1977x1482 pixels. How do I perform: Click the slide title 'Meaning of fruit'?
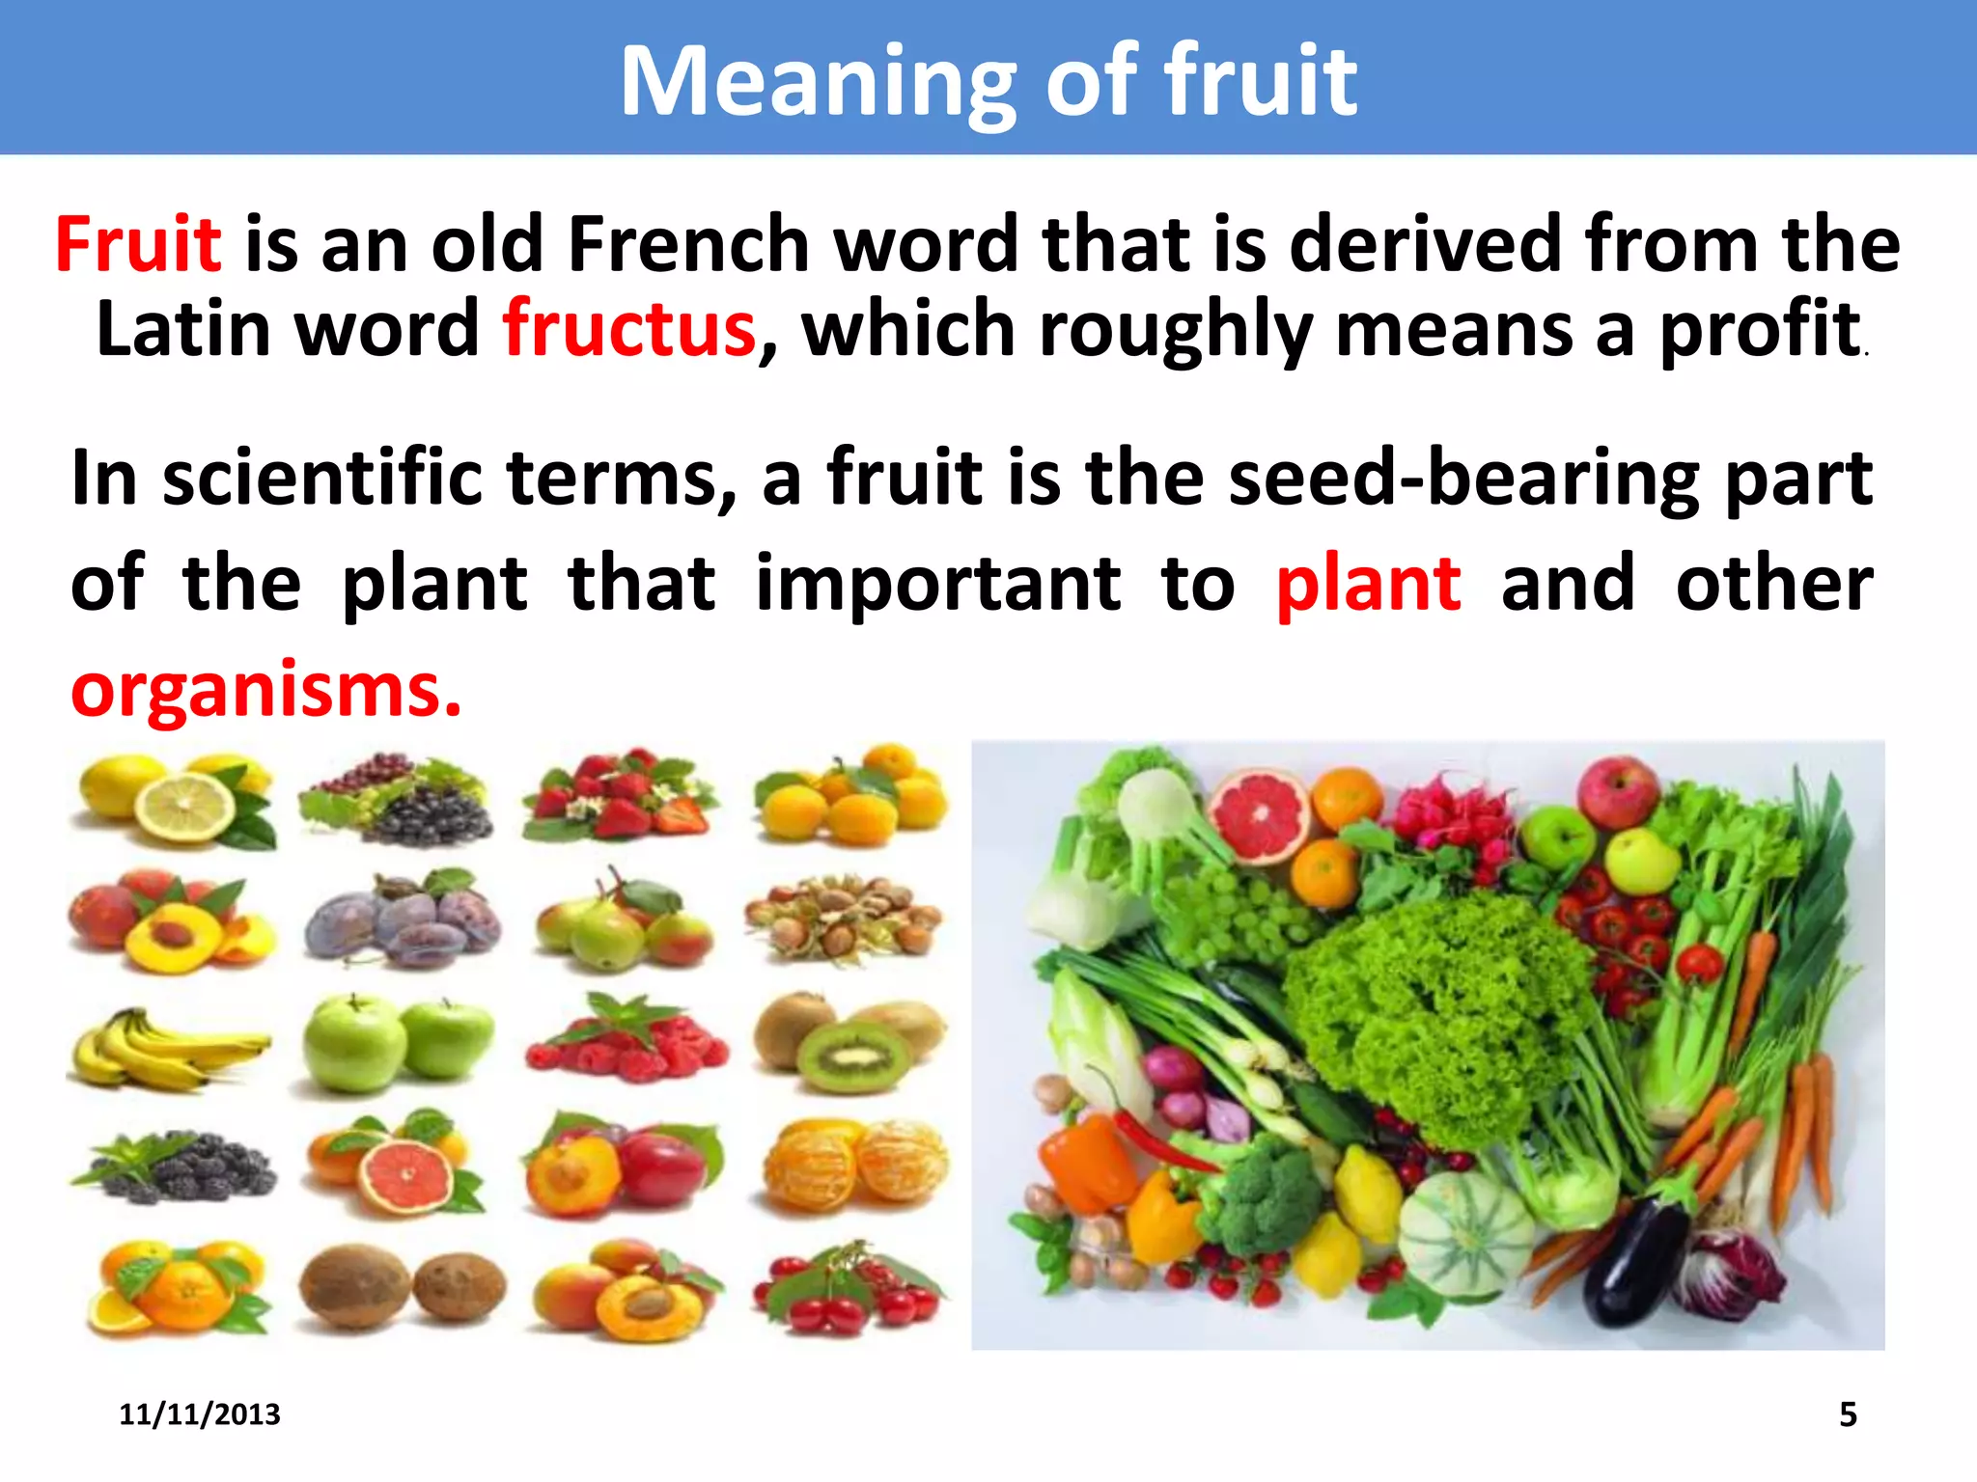(x=988, y=81)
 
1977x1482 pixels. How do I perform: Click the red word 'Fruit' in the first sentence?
(x=138, y=245)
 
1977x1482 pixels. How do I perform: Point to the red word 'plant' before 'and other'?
(x=1368, y=584)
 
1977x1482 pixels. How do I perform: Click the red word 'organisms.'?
(x=265, y=690)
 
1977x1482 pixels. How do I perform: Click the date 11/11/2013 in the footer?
(x=199, y=1414)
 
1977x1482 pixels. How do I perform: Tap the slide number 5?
(x=1848, y=1414)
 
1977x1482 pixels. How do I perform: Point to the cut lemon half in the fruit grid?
(x=183, y=809)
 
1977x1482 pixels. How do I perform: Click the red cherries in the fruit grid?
(x=849, y=1293)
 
